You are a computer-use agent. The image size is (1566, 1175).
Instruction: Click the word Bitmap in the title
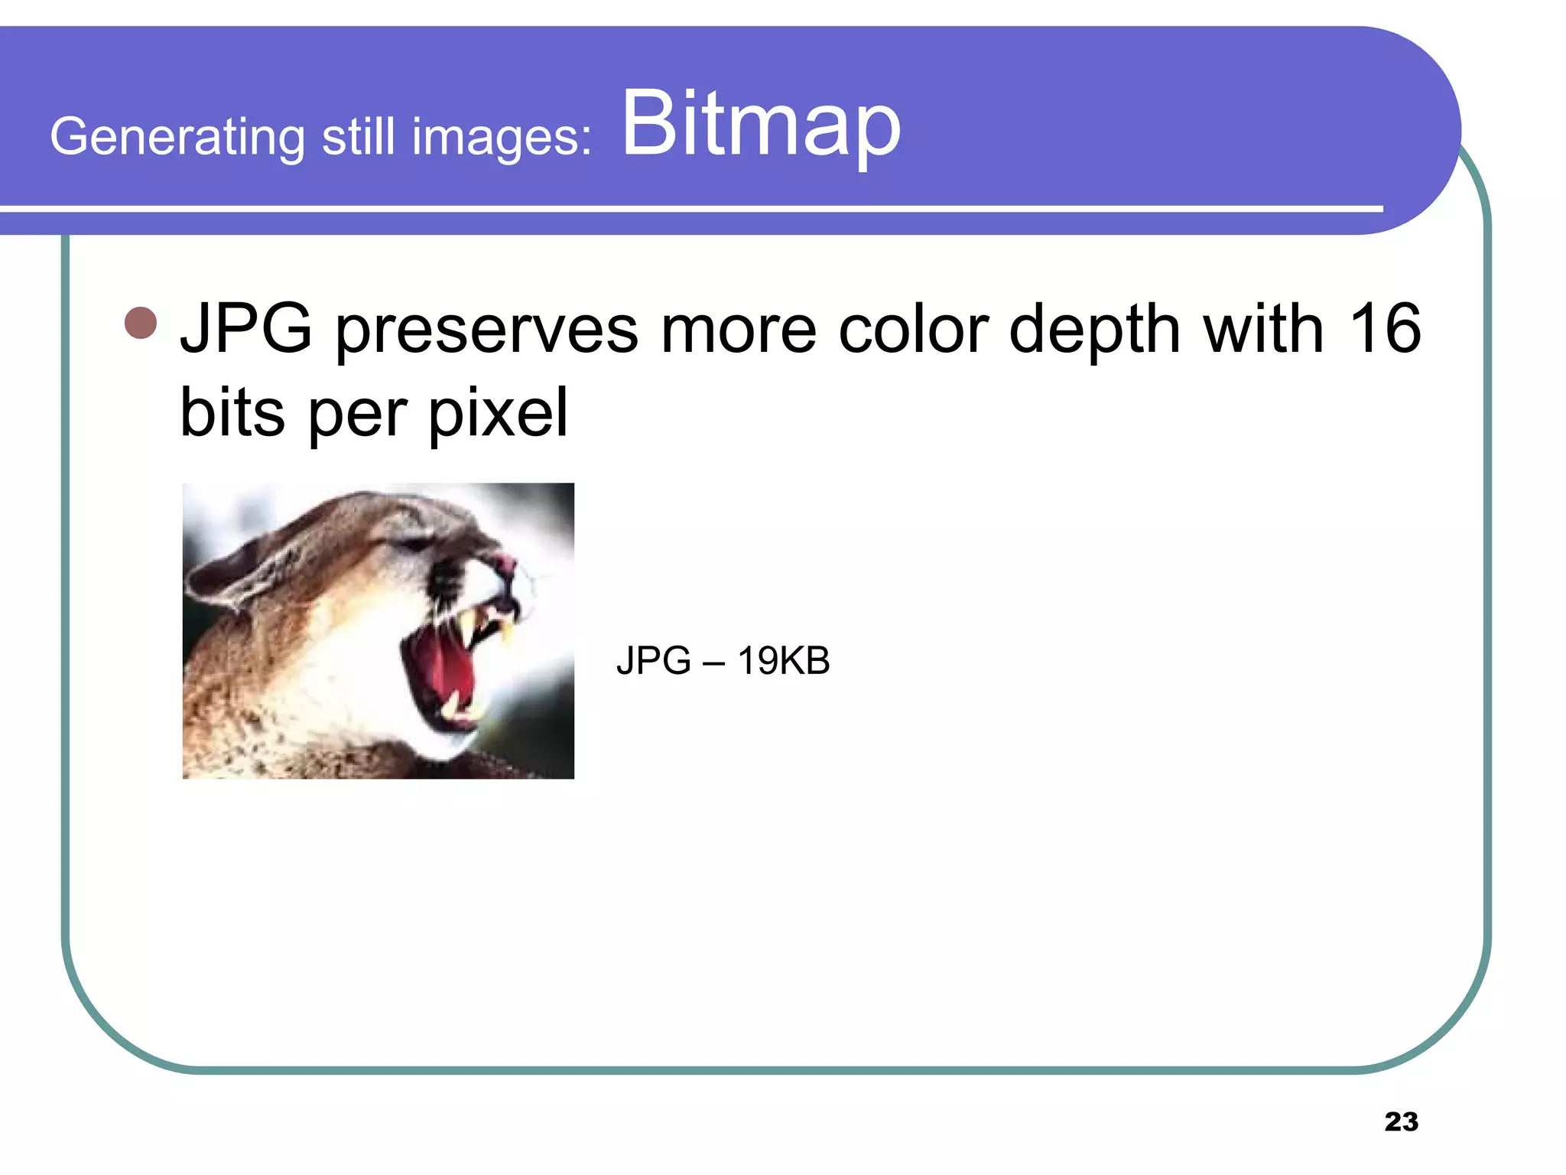point(761,124)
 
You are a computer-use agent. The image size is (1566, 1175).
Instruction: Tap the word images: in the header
point(502,138)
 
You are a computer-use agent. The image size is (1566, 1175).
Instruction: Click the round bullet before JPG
point(141,323)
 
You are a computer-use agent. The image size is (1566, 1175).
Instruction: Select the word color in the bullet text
point(913,329)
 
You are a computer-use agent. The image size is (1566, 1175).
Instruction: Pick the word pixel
point(498,413)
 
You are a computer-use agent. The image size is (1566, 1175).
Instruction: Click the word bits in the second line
point(232,413)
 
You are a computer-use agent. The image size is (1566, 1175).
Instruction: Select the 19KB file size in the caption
point(783,660)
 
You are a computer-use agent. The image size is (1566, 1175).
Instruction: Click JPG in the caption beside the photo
point(653,660)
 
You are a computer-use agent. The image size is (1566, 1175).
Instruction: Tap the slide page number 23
point(1401,1121)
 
